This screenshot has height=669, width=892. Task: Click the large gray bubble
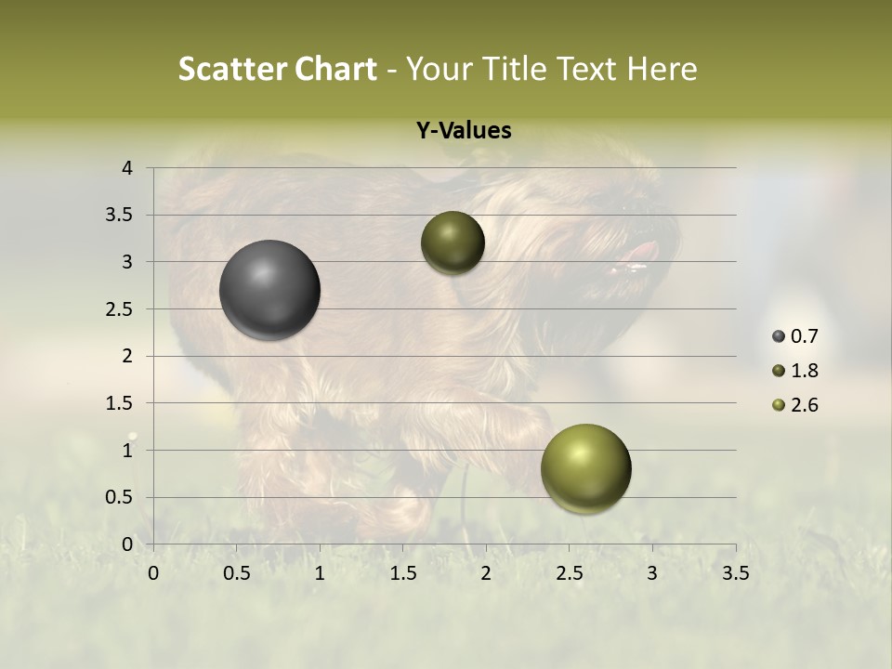pyautogui.click(x=269, y=290)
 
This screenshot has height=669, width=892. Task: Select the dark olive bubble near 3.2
pyautogui.click(x=453, y=243)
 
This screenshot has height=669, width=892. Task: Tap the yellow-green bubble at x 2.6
pyautogui.click(x=585, y=468)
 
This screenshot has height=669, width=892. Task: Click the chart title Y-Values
pyautogui.click(x=464, y=131)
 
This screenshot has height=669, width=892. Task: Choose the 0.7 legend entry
pyautogui.click(x=805, y=336)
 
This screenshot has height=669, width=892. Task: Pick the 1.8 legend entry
pyautogui.click(x=805, y=371)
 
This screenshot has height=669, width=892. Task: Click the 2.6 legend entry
pyautogui.click(x=805, y=405)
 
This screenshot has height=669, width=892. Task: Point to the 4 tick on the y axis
pyautogui.click(x=128, y=168)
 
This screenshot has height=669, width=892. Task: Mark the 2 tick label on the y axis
pyautogui.click(x=128, y=356)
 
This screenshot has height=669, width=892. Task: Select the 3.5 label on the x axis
pyautogui.click(x=736, y=573)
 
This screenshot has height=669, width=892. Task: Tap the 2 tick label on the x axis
pyautogui.click(x=486, y=573)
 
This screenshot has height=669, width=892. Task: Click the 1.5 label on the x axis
pyautogui.click(x=403, y=573)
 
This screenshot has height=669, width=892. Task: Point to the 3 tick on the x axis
pyautogui.click(x=652, y=573)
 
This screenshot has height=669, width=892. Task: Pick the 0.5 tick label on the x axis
pyautogui.click(x=237, y=573)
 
